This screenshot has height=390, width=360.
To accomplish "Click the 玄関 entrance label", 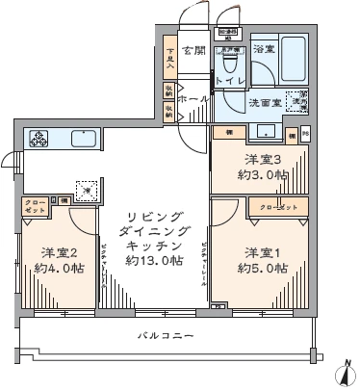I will [193, 50].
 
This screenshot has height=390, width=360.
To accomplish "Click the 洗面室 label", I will [266, 102].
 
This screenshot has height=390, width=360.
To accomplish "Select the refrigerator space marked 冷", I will [86, 191].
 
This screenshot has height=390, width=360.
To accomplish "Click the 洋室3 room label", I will [262, 159].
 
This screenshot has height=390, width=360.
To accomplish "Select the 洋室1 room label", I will [263, 251].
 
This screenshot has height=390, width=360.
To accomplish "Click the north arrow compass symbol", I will [345, 373].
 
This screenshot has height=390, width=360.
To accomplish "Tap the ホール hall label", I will [193, 99].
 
